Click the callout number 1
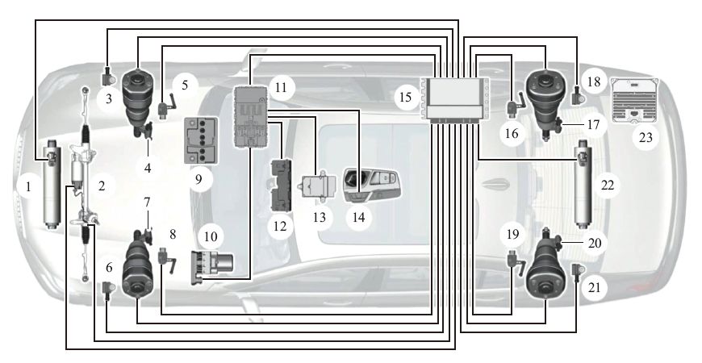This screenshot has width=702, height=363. (29, 186)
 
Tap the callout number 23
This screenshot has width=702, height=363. (645, 137)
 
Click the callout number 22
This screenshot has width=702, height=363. (608, 185)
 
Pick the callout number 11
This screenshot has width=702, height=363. (281, 86)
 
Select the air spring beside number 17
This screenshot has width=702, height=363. (547, 96)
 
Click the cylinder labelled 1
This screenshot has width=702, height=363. (53, 184)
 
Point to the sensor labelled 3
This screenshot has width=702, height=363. (109, 78)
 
